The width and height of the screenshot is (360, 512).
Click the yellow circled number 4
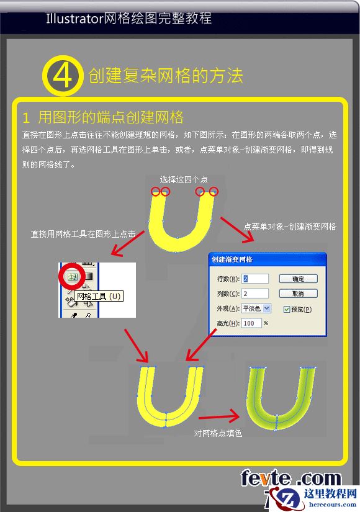point(62,76)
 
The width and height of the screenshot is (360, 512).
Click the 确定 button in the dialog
point(298,279)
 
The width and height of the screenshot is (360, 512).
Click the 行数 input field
point(255,279)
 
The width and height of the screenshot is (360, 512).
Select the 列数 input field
point(255,293)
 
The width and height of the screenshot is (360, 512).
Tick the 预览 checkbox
point(286,309)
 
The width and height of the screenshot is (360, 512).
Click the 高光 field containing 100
point(251,323)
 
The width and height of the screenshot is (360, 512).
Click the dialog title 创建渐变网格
point(236,259)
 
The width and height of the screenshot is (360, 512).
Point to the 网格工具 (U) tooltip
point(99,297)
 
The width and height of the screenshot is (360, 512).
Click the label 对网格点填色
point(218,433)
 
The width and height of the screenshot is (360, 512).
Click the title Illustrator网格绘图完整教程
point(128,19)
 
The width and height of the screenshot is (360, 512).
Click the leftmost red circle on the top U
point(156,192)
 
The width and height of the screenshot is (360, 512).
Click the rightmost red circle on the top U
point(214,192)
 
